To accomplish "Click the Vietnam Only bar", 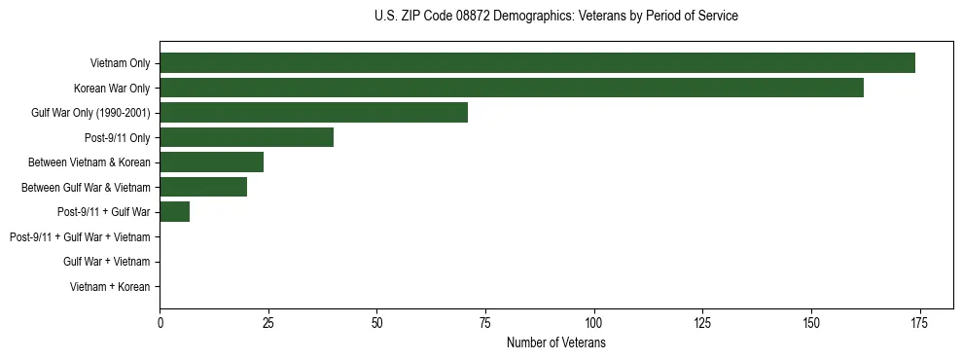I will (x=537, y=63).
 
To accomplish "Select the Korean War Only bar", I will (x=512, y=88).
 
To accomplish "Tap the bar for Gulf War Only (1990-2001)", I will (x=313, y=113).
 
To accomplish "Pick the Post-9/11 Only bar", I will (x=246, y=137).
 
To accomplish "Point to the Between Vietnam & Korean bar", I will (x=211, y=162).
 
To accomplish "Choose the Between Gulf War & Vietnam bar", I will (x=203, y=187).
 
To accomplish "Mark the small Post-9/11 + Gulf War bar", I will (x=175, y=212).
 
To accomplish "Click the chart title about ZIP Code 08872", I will (x=555, y=17).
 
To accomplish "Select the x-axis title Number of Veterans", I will (x=555, y=343).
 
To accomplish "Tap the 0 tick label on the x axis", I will (x=160, y=323).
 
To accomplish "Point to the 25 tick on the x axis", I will (x=268, y=323).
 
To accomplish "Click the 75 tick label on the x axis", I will (x=485, y=323).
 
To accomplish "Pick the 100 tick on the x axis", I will (x=593, y=323).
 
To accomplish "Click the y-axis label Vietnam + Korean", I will (x=110, y=287).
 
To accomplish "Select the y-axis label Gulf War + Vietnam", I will (x=106, y=262).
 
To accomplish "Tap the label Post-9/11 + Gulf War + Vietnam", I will (x=80, y=236).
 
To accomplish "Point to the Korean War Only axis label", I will (x=112, y=89).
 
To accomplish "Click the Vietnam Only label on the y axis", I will (x=120, y=63).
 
